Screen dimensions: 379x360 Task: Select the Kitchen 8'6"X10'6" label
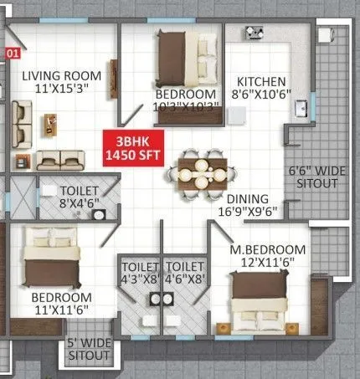coord(262,87)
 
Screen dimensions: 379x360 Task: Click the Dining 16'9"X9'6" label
coord(249,206)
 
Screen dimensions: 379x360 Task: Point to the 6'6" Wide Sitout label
coord(312,177)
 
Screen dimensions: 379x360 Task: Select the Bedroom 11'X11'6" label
coord(60,303)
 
